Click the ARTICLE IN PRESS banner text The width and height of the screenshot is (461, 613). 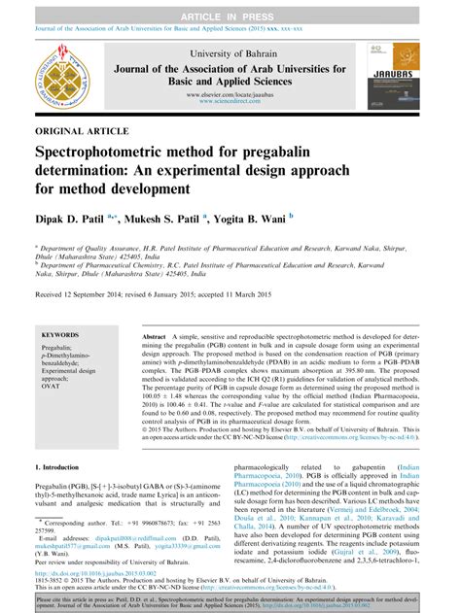point(230,9)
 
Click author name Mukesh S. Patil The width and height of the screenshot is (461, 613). point(160,220)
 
